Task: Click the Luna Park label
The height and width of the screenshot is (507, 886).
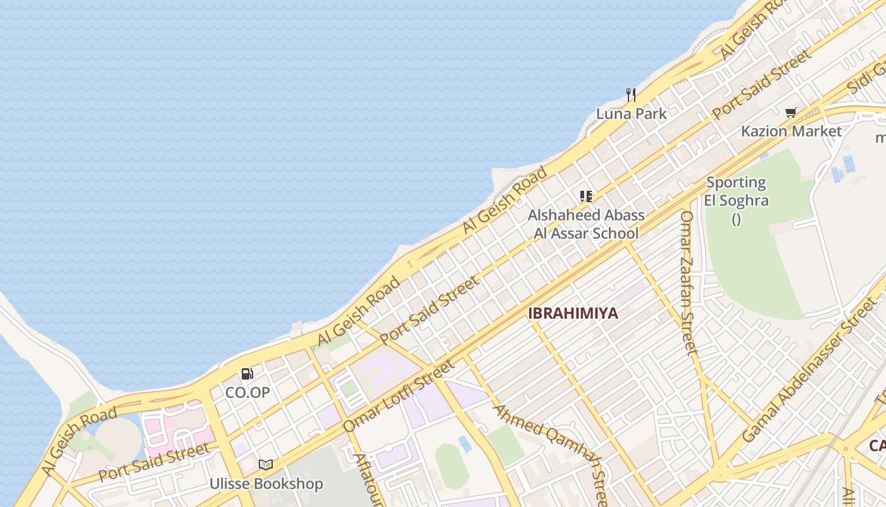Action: (631, 114)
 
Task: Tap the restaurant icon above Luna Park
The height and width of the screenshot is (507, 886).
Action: (630, 95)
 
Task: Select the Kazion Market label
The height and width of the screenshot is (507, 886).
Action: (791, 131)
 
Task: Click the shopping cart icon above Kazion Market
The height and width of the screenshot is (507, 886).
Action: (790, 113)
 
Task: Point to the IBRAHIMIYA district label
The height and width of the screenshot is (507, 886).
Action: (573, 313)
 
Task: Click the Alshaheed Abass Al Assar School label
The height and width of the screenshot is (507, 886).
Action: (586, 224)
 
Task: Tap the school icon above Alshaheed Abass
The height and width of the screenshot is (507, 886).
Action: (586, 196)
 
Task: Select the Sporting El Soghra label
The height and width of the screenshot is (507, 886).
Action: (736, 192)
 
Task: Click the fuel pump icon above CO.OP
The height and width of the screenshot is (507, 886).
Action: (247, 374)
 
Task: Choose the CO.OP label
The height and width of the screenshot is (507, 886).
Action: (247, 392)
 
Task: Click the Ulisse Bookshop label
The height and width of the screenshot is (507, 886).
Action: (266, 484)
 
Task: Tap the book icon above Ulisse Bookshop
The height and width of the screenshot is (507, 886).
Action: (266, 465)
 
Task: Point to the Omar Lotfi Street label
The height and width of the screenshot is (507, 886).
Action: (399, 396)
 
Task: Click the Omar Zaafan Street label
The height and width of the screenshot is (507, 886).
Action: (687, 282)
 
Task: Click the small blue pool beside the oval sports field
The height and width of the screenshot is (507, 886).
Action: (465, 443)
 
